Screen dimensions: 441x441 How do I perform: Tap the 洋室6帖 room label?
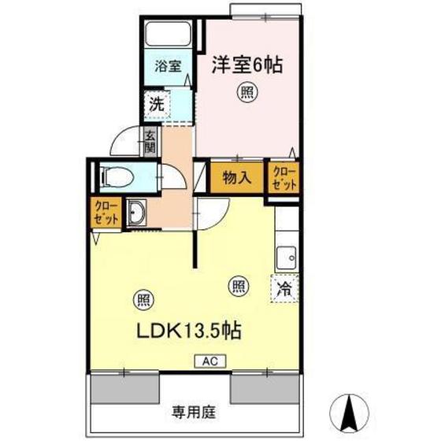click(x=246, y=64)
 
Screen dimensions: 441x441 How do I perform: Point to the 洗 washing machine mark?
click(x=157, y=102)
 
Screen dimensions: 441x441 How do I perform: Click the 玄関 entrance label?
click(x=150, y=141)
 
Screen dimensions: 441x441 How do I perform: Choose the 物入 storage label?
click(x=236, y=177)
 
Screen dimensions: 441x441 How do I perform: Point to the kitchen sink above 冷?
click(x=286, y=258)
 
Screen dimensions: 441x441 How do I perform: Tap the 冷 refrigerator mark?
click(x=284, y=288)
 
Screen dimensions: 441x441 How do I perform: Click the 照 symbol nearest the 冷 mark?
click(x=238, y=287)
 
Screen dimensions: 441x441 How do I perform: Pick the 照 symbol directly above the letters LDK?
click(x=143, y=299)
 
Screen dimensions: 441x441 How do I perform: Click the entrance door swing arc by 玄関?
click(x=124, y=142)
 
